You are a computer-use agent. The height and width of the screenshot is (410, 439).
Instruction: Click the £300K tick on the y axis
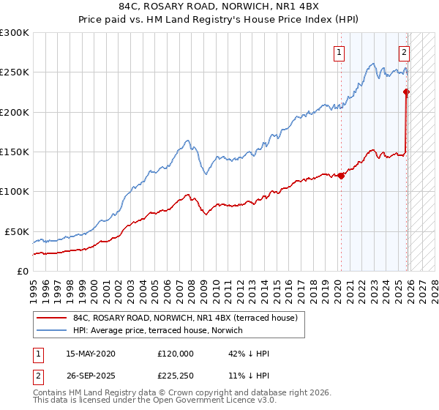(15, 33)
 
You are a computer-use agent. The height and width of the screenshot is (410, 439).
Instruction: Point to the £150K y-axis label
(15, 152)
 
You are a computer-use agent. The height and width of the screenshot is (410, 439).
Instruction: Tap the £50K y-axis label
(17, 231)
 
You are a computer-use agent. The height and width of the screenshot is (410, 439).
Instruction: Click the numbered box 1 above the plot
(340, 52)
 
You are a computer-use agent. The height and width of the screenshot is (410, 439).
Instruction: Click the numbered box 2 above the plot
(404, 52)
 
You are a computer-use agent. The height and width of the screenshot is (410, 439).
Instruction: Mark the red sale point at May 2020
(341, 176)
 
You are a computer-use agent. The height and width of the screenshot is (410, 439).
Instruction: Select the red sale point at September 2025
(407, 92)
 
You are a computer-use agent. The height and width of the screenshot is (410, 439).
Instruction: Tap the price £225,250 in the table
(176, 376)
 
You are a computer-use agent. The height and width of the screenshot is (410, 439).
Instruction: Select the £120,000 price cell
(176, 354)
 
